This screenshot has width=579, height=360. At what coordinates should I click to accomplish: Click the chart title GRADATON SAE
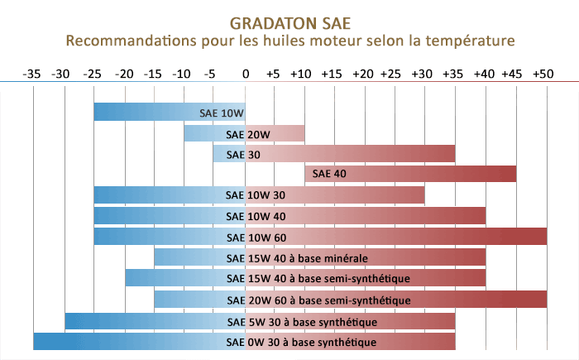289,22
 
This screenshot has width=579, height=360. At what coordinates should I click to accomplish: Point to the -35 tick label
32,74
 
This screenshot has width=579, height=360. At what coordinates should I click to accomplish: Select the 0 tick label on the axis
245,74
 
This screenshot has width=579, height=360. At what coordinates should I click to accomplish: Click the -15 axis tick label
154,74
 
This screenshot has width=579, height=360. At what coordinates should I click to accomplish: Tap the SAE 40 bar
411,174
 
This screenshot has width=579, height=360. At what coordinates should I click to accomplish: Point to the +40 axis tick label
483,74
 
